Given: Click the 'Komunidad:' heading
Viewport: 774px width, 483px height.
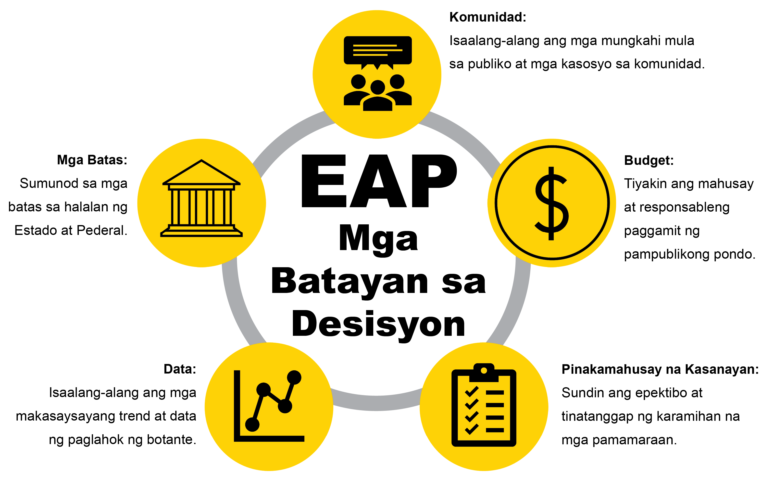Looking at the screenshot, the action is [x=488, y=17].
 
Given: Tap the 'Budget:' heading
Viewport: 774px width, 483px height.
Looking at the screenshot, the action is [x=649, y=160].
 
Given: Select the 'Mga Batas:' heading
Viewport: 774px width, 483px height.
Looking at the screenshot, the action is [x=92, y=160].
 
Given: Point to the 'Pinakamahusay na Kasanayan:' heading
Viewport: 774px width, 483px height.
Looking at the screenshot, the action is [x=660, y=369].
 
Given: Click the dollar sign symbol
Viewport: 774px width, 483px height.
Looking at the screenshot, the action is [x=551, y=204].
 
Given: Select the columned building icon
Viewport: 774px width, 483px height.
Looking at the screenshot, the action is [x=201, y=198].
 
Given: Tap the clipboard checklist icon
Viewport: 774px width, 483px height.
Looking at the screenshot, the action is [x=484, y=405].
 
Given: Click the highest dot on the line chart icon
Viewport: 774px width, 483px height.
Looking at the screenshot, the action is [x=294, y=377].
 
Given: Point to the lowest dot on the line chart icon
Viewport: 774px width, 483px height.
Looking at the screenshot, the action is [x=252, y=424].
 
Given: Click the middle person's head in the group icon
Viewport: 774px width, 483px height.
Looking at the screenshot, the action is [x=378, y=87].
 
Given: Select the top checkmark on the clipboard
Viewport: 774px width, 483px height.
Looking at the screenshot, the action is [x=472, y=391].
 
